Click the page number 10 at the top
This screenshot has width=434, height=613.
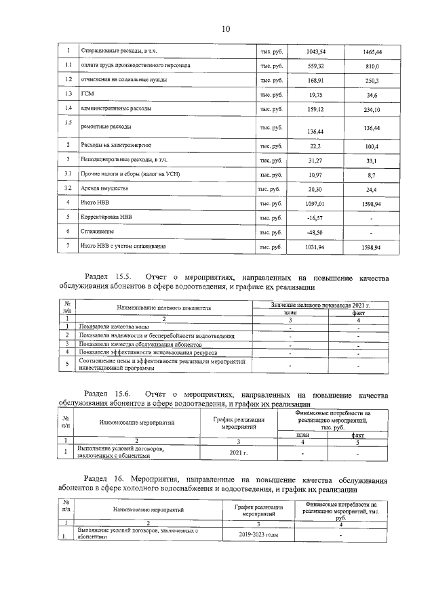point(226,28)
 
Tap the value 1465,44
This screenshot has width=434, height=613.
point(372,51)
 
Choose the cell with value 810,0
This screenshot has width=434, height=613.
point(372,66)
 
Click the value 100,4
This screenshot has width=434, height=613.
point(372,146)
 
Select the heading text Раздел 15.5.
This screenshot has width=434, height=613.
point(112,277)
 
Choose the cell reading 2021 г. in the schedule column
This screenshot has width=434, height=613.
point(236,452)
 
